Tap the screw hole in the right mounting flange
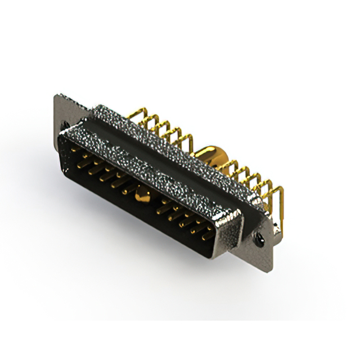click(x=260, y=240)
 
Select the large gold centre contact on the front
click(x=141, y=196)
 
